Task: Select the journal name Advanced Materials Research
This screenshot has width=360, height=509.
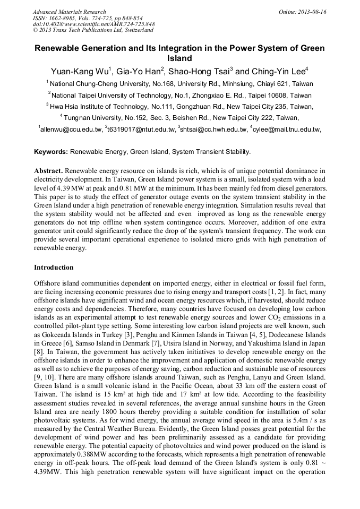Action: [69, 12]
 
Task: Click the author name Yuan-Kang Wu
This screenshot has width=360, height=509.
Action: [79, 72]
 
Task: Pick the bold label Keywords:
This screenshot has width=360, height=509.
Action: [51, 152]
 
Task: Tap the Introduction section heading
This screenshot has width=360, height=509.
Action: [54, 267]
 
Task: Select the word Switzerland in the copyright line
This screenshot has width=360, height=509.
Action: [135, 30]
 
